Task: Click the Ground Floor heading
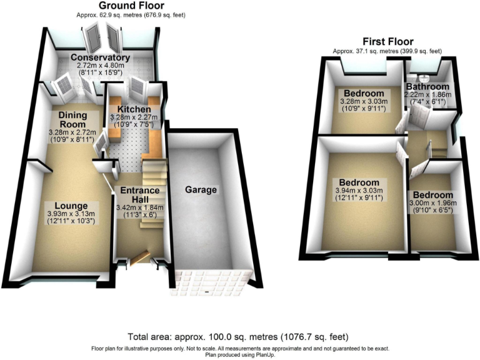(131, 6)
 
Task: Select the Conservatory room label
(100, 58)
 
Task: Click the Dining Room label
(74, 119)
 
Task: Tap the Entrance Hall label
(139, 194)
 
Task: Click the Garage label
(201, 189)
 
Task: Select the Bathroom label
(427, 86)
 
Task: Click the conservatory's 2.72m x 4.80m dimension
(100, 66)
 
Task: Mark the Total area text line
(239, 335)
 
